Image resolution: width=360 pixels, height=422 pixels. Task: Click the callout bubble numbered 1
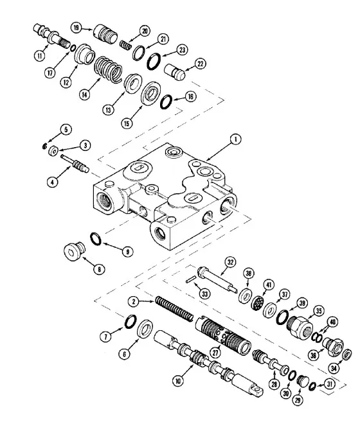click(236, 139)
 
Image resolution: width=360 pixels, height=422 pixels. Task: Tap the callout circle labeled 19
click(76, 28)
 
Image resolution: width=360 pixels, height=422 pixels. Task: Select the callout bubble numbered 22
click(200, 64)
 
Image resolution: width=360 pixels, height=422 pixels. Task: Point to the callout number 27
click(216, 352)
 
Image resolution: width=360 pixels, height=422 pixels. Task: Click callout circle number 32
click(230, 262)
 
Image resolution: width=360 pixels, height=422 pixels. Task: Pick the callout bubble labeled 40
click(333, 322)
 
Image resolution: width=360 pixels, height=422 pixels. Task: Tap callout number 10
click(178, 381)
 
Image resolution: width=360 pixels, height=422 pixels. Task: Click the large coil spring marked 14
click(108, 70)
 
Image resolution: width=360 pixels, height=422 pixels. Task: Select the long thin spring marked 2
click(174, 309)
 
